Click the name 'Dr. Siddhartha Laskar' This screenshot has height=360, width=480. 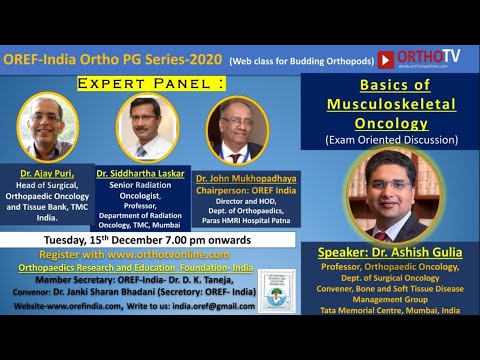coord(140,173)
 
